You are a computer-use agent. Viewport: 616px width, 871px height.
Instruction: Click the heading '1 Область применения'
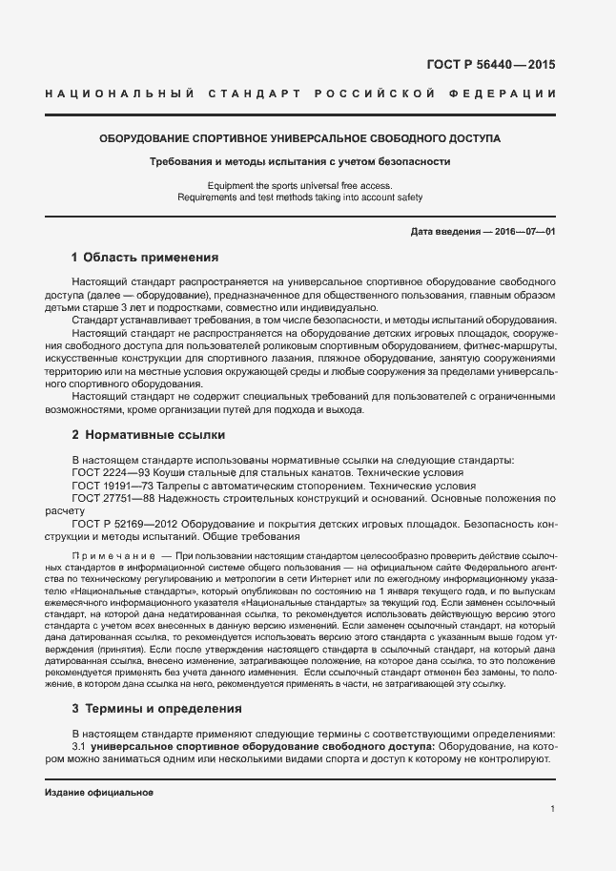pyautogui.click(x=146, y=258)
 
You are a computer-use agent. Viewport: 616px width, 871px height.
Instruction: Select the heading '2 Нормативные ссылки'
pyautogui.click(x=148, y=435)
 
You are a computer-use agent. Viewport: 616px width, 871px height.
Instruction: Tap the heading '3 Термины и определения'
pyautogui.click(x=156, y=709)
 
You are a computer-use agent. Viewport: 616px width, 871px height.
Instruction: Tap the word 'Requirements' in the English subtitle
pyautogui.click(x=206, y=197)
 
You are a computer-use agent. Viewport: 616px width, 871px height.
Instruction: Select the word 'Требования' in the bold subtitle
pyautogui.click(x=182, y=162)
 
